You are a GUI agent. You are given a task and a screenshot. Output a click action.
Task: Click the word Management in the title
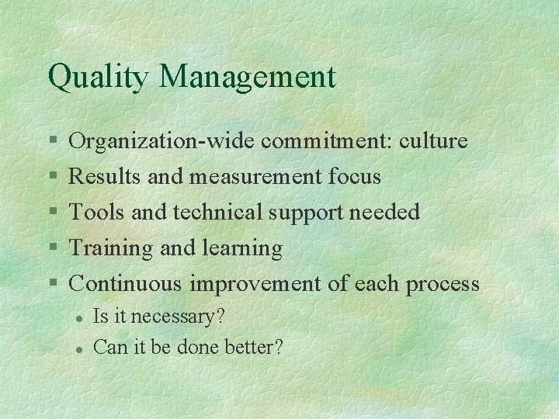(x=248, y=78)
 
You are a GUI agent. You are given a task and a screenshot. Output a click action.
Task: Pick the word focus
(x=354, y=177)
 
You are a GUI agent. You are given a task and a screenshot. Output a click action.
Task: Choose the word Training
(x=111, y=248)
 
